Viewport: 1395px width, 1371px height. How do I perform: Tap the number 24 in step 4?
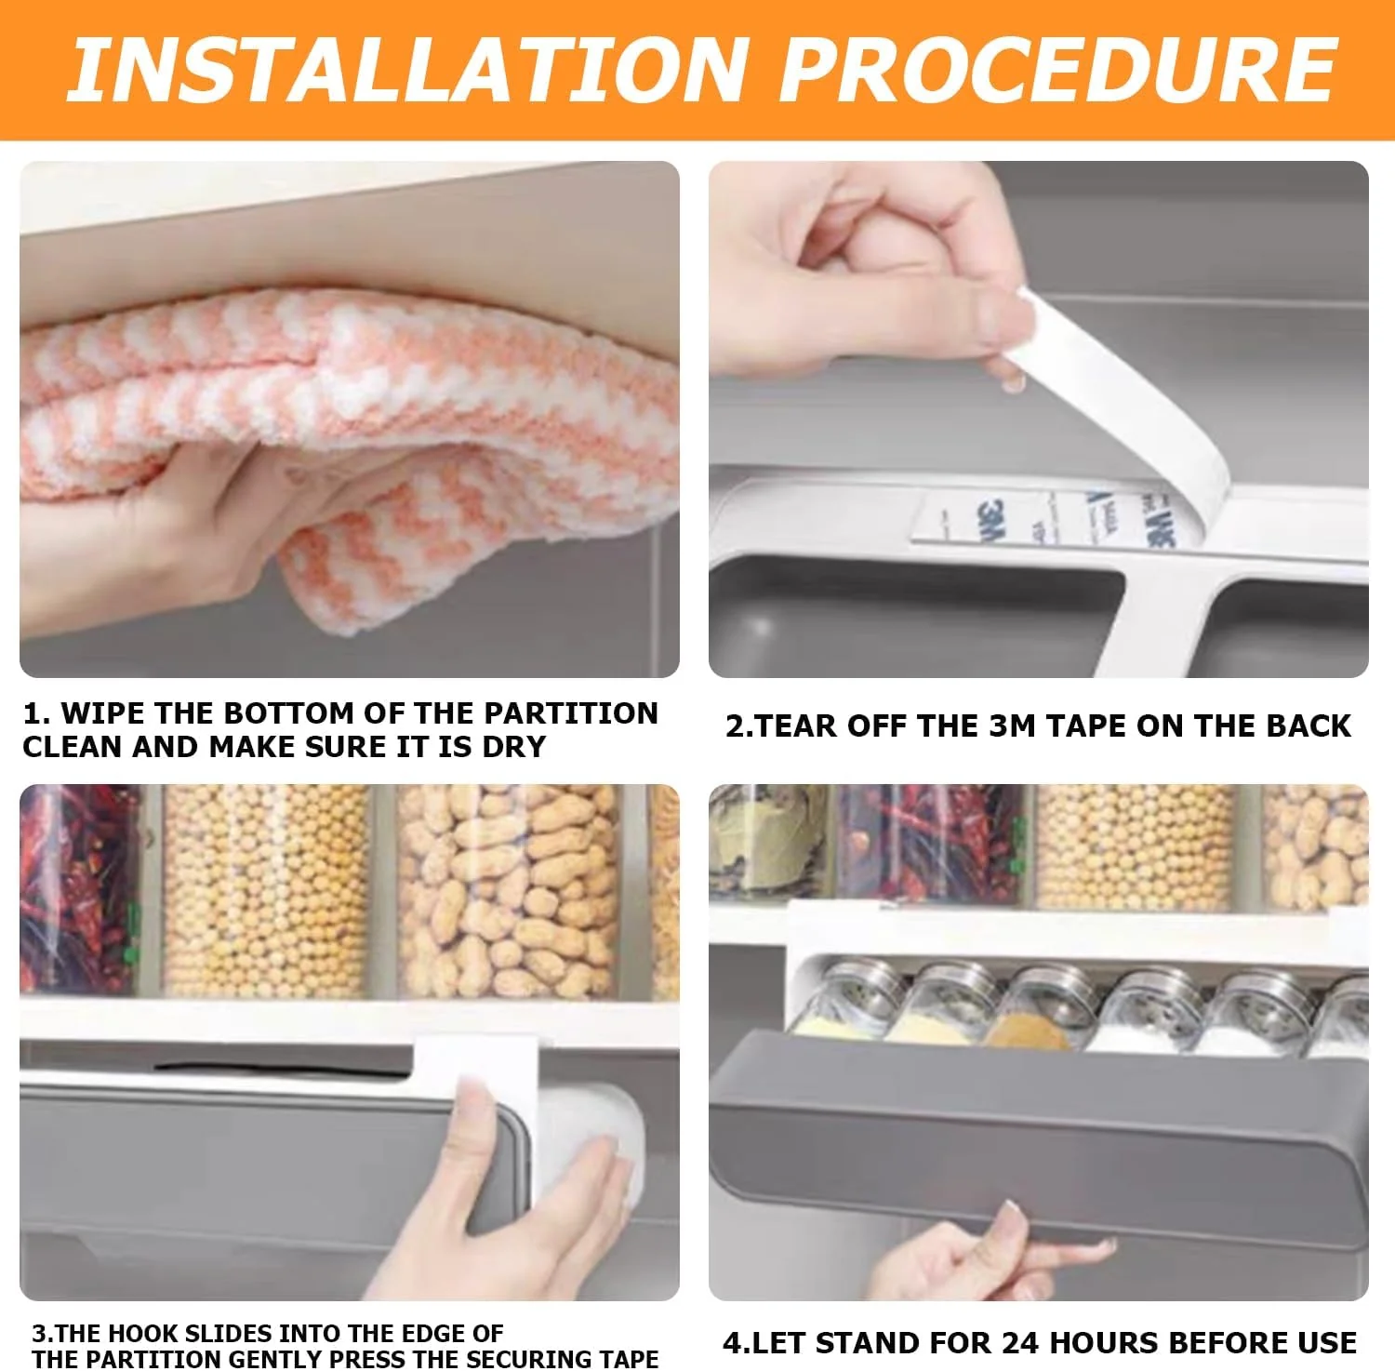coord(1017,1343)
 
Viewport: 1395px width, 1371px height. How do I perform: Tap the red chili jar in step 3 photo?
coord(79,888)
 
